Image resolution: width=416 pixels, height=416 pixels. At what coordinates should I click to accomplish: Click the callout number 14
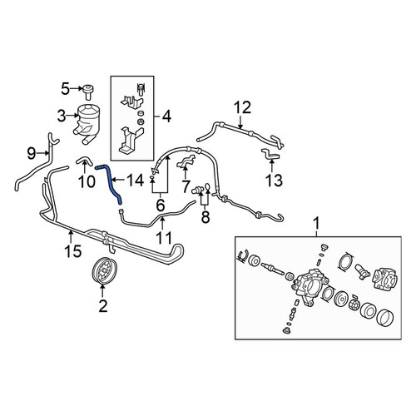(x=136, y=181)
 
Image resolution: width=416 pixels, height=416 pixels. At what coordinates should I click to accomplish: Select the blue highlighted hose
(x=111, y=183)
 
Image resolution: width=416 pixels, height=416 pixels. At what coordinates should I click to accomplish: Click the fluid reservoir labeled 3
(x=87, y=123)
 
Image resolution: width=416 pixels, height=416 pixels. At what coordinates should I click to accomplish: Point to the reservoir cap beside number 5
(x=87, y=92)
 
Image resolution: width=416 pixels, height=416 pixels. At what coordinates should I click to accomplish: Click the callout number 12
(x=243, y=107)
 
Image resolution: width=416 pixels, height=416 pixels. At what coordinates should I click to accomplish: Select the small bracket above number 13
(x=270, y=154)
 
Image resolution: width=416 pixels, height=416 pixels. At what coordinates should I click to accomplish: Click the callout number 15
(x=73, y=250)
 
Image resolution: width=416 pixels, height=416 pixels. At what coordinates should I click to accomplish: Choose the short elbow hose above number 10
(x=85, y=161)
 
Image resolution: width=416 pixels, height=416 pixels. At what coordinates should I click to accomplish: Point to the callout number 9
(x=32, y=153)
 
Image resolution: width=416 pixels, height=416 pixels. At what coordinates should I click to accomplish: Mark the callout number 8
(x=206, y=217)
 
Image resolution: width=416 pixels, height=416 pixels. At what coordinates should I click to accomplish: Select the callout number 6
(x=161, y=206)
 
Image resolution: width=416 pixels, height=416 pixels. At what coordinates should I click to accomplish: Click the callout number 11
(x=164, y=238)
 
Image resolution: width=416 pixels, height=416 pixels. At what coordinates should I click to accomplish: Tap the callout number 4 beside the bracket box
(x=166, y=116)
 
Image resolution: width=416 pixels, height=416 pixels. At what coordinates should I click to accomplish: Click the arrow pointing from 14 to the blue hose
(x=119, y=181)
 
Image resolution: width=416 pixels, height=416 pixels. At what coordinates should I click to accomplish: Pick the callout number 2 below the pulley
(x=103, y=306)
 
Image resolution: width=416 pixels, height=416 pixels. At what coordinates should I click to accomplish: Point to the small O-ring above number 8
(x=208, y=186)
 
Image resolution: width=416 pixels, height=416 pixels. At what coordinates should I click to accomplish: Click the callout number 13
(x=274, y=181)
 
